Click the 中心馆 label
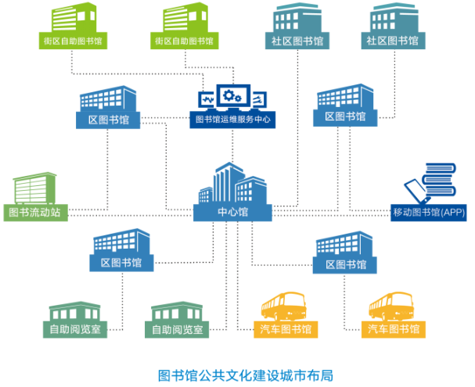pos(232,212)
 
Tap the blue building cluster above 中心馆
pos(232,183)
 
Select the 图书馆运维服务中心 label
pos(232,120)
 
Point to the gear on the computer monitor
pos(231,96)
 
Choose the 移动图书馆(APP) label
pos(429,212)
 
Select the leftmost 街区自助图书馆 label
pos(71,41)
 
